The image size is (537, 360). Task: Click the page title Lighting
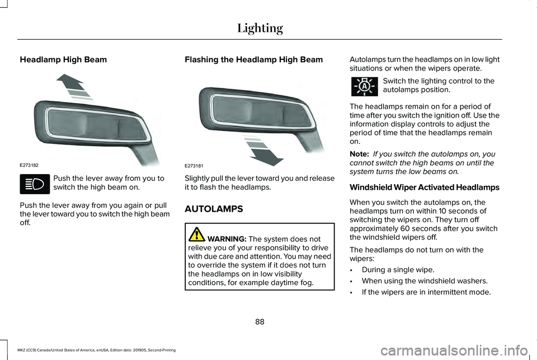(260, 27)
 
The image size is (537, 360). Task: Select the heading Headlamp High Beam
(63, 59)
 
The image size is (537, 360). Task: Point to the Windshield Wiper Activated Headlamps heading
(425, 187)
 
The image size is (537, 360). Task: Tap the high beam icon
(34, 183)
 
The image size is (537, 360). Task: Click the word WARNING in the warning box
(227, 238)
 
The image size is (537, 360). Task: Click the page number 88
(260, 322)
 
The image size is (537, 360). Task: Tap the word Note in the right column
(358, 153)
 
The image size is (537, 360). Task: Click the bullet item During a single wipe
(398, 270)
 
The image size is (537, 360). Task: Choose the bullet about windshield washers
(417, 280)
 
